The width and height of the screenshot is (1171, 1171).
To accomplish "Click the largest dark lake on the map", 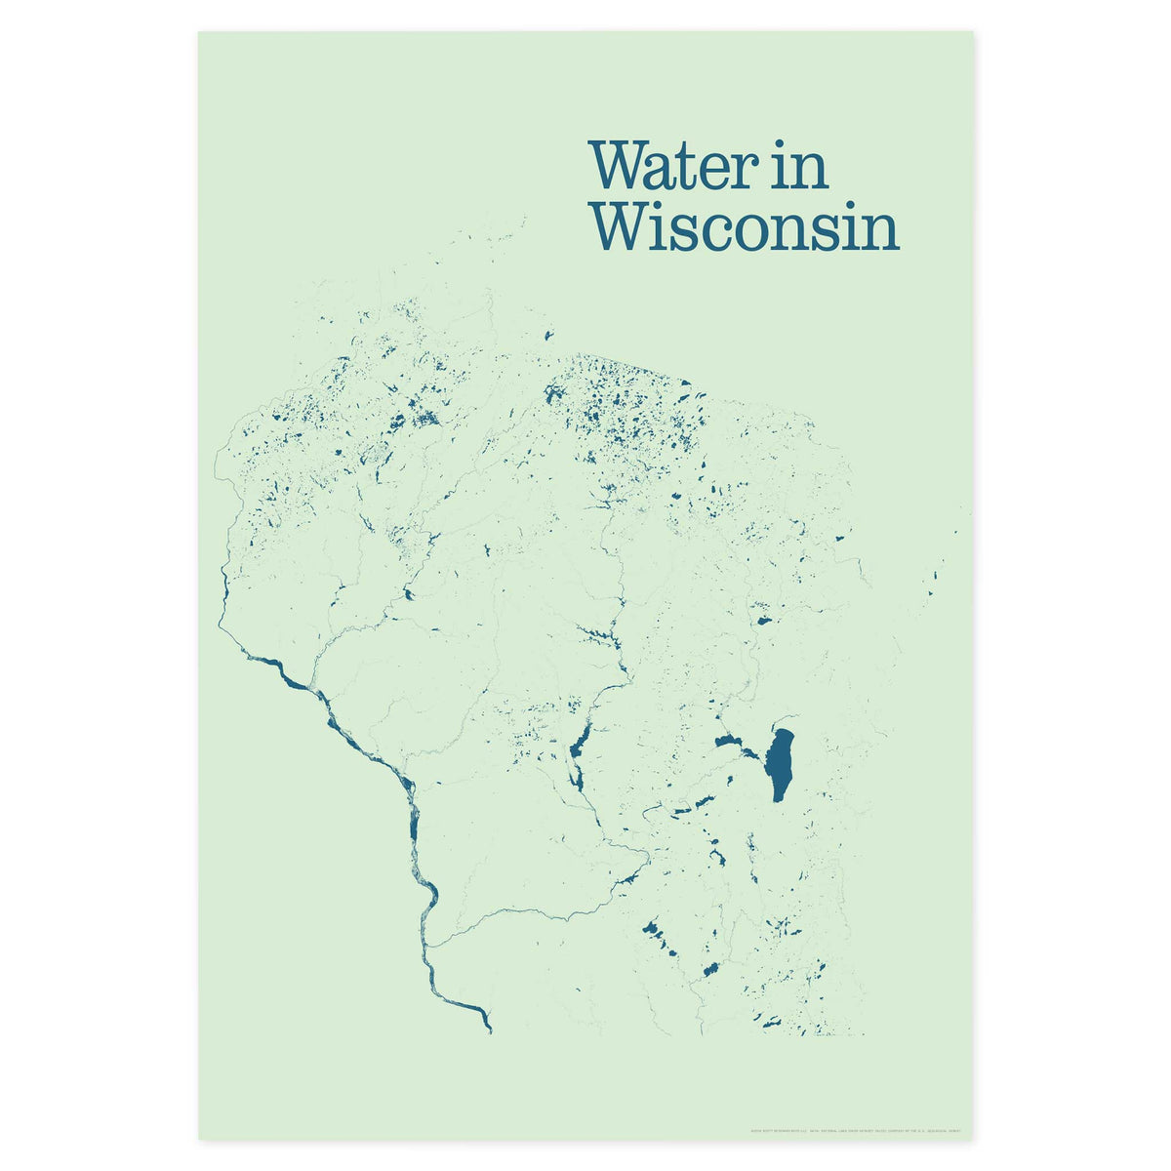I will coord(780,764).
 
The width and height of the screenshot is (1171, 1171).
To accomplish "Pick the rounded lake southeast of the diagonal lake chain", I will coord(710,970).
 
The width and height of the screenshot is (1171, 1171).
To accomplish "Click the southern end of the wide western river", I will coord(488,1029).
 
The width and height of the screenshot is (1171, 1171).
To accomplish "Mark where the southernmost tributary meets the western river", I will coord(429,945).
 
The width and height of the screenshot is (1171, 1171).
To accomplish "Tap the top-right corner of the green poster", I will coord(972,32).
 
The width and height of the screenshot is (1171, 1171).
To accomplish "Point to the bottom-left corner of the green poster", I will coord(199,1138).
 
